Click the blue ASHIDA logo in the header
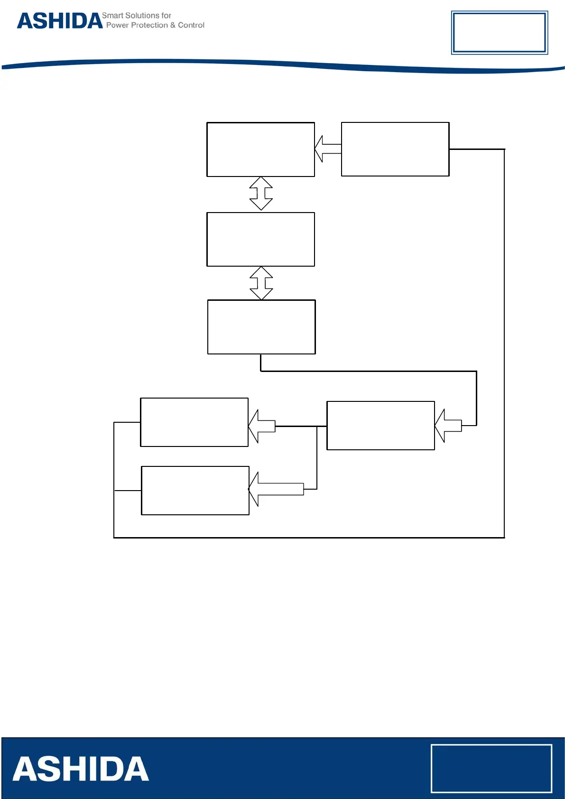[60, 21]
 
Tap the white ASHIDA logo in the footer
[81, 769]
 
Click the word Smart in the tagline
[112, 16]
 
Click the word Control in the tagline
[191, 25]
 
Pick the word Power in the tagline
[117, 25]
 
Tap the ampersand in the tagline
[173, 25]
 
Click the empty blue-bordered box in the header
[499, 32]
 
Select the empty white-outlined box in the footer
[491, 768]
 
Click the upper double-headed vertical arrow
[261, 193]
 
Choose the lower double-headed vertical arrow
[261, 283]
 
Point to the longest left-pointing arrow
[276, 489]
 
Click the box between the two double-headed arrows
[260, 239]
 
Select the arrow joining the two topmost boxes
[327, 149]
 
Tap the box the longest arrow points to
[195, 490]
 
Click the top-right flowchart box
[395, 149]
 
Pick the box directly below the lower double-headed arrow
[261, 326]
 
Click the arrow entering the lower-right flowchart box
[448, 426]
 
